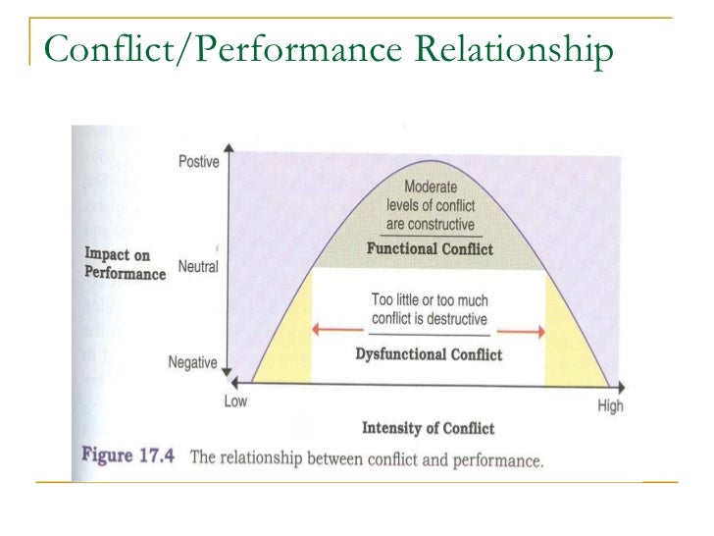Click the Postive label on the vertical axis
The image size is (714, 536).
pos(198,162)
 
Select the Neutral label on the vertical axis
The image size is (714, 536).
pos(198,266)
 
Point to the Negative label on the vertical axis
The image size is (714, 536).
pos(192,362)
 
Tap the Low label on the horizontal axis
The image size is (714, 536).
pos(235,402)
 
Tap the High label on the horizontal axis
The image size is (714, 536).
pos(610,405)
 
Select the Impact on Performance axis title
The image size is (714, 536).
pos(125,265)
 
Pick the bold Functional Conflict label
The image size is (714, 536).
pos(430,249)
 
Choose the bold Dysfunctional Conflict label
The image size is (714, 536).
pos(429,353)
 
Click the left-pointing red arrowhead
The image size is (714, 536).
pos(316,332)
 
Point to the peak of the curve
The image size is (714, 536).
pos(426,162)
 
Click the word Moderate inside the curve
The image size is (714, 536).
pos(430,187)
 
